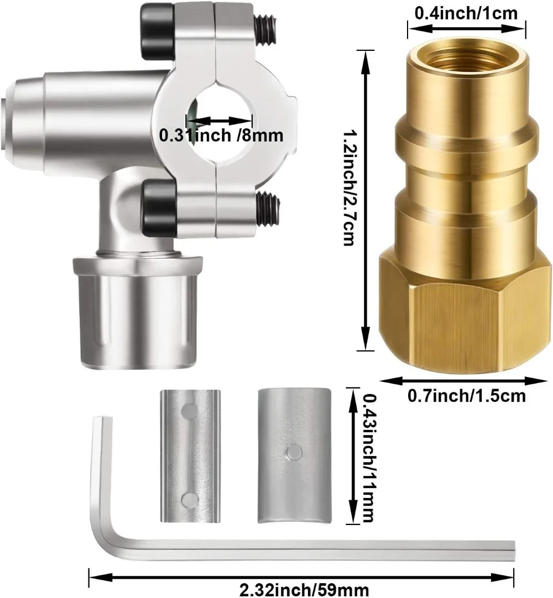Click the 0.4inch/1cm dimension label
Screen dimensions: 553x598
tap(466, 13)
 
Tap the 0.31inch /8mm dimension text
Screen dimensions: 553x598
tap(221, 135)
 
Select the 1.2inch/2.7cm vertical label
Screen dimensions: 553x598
tap(348, 188)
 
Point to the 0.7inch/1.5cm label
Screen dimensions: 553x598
tap(466, 396)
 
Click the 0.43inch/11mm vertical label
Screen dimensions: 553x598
tap(368, 458)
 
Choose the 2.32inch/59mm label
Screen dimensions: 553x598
tap(304, 590)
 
